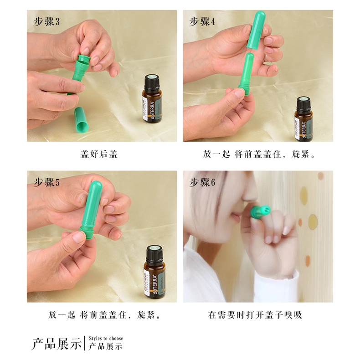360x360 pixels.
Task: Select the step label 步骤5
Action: [46, 182]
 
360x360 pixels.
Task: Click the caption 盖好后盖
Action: [99, 154]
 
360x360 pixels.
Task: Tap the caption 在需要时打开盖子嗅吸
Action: [255, 314]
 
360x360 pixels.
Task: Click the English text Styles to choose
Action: [106, 339]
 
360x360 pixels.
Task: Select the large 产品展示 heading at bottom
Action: [56, 343]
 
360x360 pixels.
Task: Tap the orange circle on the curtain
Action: [313, 221]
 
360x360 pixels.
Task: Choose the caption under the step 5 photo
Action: [104, 314]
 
